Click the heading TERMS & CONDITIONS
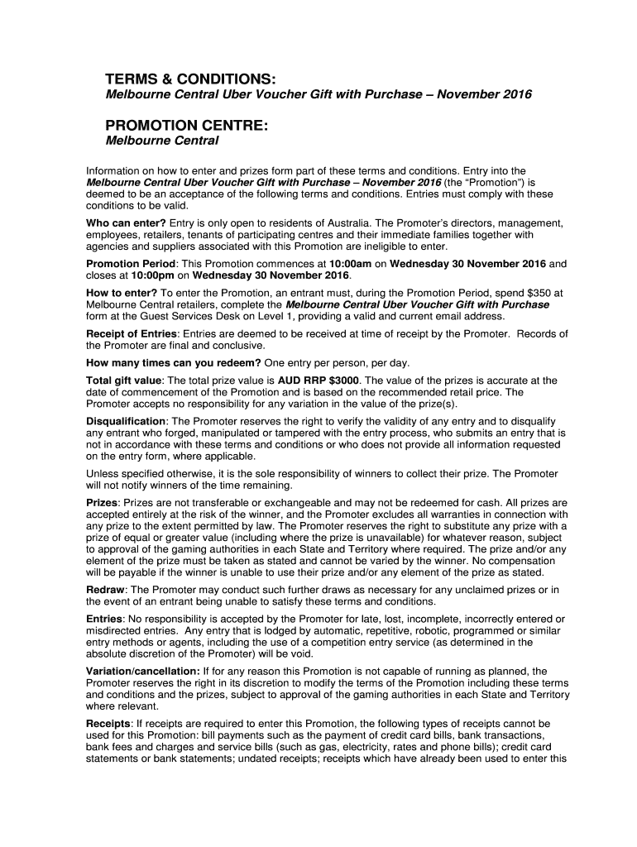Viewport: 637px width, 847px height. tap(189, 79)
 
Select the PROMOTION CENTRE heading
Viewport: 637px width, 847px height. tap(186, 126)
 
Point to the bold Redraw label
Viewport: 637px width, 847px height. tap(106, 589)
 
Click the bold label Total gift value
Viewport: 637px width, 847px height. tap(124, 380)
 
